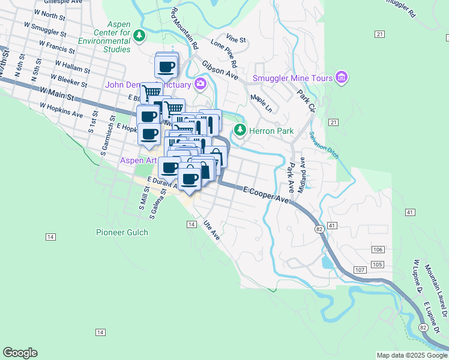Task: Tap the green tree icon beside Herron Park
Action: (x=240, y=130)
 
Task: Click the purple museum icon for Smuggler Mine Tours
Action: (x=342, y=77)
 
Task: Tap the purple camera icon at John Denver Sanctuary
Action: (x=200, y=83)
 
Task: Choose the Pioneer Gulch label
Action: (x=122, y=232)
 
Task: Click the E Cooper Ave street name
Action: (x=267, y=196)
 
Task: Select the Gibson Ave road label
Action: (x=219, y=69)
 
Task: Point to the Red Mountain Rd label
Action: (x=184, y=28)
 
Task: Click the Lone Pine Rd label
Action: (x=224, y=53)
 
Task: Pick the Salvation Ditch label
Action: (x=325, y=145)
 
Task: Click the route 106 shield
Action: (x=378, y=249)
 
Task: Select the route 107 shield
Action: (x=360, y=271)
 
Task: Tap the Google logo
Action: (x=20, y=353)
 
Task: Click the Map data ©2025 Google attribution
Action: (x=412, y=355)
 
